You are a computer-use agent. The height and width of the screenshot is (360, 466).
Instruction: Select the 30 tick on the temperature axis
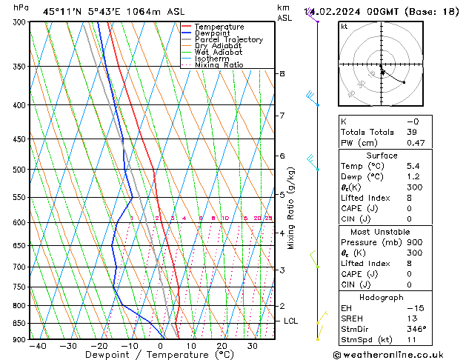[x=253, y=346]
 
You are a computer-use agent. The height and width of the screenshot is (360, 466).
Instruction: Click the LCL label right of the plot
[x=291, y=321]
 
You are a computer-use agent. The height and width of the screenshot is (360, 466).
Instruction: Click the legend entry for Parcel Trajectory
[x=228, y=39]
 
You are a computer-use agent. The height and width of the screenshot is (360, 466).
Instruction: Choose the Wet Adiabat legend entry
[x=219, y=52]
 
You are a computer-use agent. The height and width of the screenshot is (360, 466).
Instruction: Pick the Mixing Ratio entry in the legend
[x=219, y=65]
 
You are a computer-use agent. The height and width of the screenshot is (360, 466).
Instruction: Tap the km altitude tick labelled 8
[x=282, y=73]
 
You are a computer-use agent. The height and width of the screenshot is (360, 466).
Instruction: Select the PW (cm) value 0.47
[x=415, y=143]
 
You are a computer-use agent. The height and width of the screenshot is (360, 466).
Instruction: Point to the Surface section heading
[x=381, y=156]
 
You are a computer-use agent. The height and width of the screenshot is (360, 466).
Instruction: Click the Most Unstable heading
[x=381, y=232]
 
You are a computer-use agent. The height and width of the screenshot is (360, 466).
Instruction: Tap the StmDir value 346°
[x=417, y=329]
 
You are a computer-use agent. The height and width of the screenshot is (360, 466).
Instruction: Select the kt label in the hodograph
[x=344, y=26]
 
